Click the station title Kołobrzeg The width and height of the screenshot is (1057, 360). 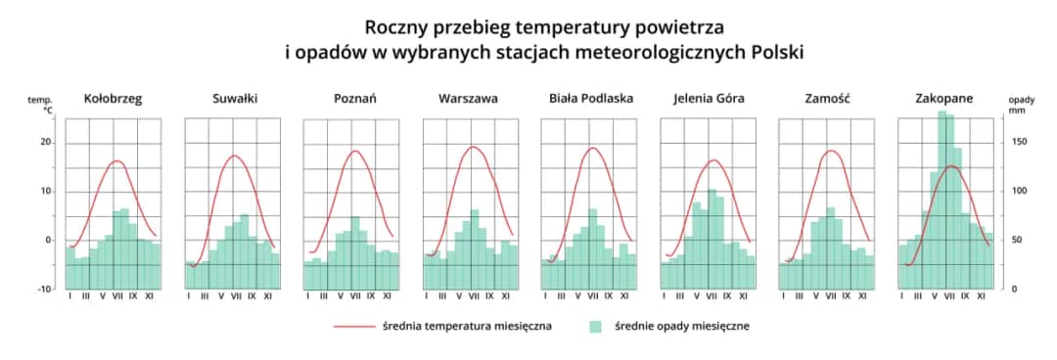coord(113,99)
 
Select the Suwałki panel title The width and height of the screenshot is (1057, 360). coord(234,99)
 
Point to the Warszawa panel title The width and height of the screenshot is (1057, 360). coord(468,99)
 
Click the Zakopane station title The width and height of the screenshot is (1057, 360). coord(943,99)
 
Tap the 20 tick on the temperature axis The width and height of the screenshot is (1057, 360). coord(45,143)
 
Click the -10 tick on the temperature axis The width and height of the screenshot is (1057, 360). coord(44,290)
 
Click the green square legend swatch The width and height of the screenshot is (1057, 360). coord(597,327)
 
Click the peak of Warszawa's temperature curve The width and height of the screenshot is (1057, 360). coord(474,147)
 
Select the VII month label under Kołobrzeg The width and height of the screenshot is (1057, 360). coord(117,295)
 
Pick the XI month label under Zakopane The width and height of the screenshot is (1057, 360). coord(982,295)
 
